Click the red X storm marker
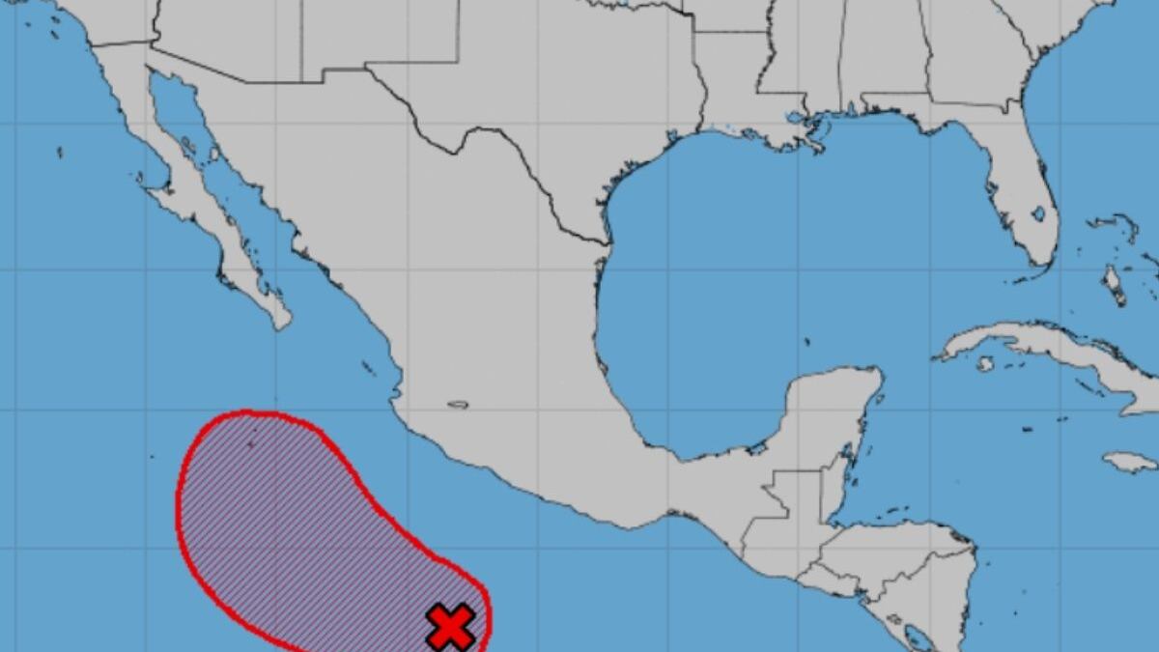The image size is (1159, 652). tap(451, 626)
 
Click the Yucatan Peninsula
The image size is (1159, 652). tap(831, 415)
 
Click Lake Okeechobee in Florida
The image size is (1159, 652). tap(1038, 213)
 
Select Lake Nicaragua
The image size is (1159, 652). tap(919, 637)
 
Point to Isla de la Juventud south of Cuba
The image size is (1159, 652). tap(984, 364)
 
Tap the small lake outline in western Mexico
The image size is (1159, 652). tap(458, 405)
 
